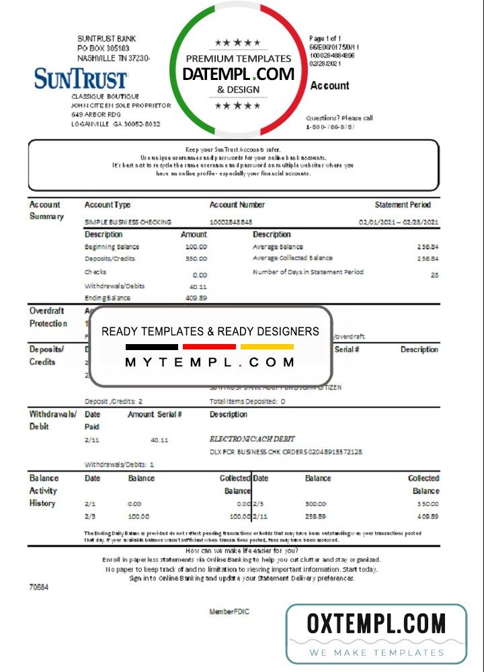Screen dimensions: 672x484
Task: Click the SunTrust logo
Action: pyautogui.click(x=81, y=79)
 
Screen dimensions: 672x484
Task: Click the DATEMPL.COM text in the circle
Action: pyautogui.click(x=239, y=74)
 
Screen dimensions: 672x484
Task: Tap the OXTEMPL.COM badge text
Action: pyautogui.click(x=376, y=624)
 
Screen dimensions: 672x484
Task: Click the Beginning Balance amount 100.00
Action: pyautogui.click(x=196, y=247)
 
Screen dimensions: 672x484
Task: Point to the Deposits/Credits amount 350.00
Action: pyautogui.click(x=196, y=259)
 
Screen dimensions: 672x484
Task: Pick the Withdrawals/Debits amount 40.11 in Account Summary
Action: pyautogui.click(x=196, y=286)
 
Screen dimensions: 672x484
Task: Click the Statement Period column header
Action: pyautogui.click(x=403, y=205)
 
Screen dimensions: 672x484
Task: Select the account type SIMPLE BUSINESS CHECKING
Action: pyautogui.click(x=128, y=222)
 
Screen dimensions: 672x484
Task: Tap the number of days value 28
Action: pyautogui.click(x=434, y=275)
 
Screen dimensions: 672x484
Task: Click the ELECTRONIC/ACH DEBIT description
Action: pyautogui.click(x=253, y=439)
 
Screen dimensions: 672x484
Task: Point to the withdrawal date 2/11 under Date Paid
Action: pyautogui.click(x=92, y=439)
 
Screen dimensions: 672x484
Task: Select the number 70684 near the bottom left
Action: pyautogui.click(x=38, y=587)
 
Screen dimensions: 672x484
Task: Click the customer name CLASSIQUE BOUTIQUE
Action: pyautogui.click(x=103, y=97)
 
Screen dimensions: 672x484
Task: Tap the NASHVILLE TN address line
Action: pyautogui.click(x=114, y=58)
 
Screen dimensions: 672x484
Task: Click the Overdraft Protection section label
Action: pyautogui.click(x=48, y=317)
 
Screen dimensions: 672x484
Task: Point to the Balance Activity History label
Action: pyautogui.click(x=44, y=491)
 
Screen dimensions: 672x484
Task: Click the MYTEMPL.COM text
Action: pyautogui.click(x=210, y=362)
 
